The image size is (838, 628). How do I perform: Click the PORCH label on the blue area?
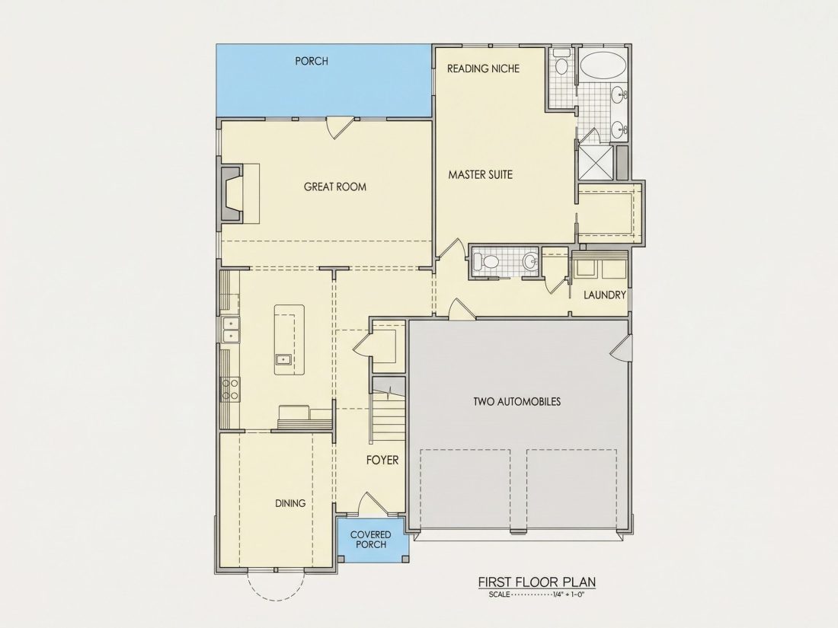[x=312, y=62]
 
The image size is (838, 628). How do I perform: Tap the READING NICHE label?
[x=483, y=69]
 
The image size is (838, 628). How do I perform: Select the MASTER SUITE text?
[x=481, y=174]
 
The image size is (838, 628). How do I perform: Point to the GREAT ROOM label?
[x=335, y=187]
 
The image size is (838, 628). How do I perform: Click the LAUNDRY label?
[x=604, y=295]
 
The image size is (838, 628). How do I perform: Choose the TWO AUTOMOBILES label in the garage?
[x=517, y=402]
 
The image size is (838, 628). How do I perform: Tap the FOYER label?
[x=382, y=460]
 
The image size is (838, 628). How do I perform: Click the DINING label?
[x=290, y=503]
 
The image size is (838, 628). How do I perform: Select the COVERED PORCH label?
[x=370, y=540]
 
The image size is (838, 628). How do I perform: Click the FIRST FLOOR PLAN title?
[x=536, y=582]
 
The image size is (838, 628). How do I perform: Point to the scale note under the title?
[x=536, y=595]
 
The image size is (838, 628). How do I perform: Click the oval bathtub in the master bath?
[x=603, y=66]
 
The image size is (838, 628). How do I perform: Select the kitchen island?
[x=289, y=340]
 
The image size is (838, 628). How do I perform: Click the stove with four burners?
[x=230, y=389]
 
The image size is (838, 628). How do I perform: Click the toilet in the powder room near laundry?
[x=486, y=262]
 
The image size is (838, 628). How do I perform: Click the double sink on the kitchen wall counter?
[x=231, y=330]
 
